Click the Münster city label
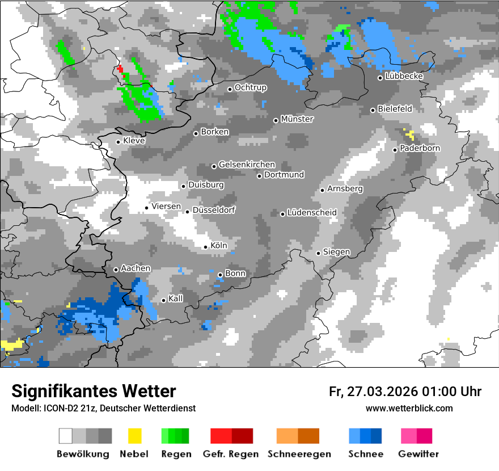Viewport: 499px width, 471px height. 297,119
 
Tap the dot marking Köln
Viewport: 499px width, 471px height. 206,247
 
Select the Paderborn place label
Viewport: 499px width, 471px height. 420,148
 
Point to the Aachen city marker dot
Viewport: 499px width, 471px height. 116,270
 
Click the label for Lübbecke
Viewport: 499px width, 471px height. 404,76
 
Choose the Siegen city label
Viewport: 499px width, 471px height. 337,252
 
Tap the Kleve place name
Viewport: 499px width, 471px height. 134,141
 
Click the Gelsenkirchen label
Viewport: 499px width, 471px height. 247,165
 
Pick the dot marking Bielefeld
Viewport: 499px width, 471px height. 373,110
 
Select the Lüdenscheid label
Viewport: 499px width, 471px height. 312,213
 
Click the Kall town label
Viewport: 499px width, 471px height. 176,298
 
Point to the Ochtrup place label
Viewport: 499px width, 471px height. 251,88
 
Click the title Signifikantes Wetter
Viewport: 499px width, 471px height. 94,391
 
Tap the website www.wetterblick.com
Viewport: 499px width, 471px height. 409,408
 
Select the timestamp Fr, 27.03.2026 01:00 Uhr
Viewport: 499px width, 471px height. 405,392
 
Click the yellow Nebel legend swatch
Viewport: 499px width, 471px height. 135,436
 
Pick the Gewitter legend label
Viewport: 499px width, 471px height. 418,454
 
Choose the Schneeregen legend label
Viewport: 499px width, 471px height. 298,454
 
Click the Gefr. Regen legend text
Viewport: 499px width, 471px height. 231,454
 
